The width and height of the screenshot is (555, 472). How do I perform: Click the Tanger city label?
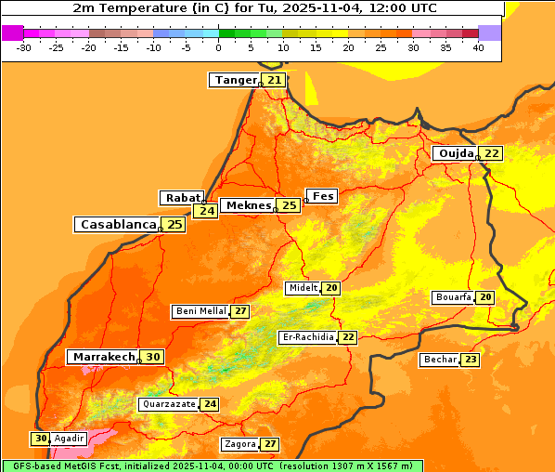[x=235, y=80]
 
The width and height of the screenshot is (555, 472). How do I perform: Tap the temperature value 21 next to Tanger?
[x=274, y=80]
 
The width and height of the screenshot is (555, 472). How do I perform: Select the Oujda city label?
[x=456, y=153]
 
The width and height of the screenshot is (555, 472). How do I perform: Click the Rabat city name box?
[x=182, y=198]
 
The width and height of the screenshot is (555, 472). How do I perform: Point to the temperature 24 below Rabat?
[x=205, y=211]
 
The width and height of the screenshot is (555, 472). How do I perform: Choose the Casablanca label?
[x=117, y=224]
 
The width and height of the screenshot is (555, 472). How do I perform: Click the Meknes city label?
[x=248, y=204]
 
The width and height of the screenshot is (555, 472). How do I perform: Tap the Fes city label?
[x=323, y=196]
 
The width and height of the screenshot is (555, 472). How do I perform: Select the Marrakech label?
[x=102, y=357]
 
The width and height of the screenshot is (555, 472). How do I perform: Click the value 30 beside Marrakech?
[x=153, y=357]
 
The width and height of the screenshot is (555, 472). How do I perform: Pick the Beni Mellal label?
[x=200, y=311]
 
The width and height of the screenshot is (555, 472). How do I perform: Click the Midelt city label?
[x=303, y=288]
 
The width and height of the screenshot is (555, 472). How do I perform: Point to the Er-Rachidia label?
[x=307, y=337]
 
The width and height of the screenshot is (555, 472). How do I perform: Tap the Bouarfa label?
[x=453, y=297]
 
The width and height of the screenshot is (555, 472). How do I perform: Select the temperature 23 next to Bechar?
[x=471, y=360]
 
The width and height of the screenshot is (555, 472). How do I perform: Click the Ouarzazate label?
[x=168, y=404]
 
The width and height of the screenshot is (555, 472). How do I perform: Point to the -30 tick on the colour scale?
[x=24, y=47]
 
